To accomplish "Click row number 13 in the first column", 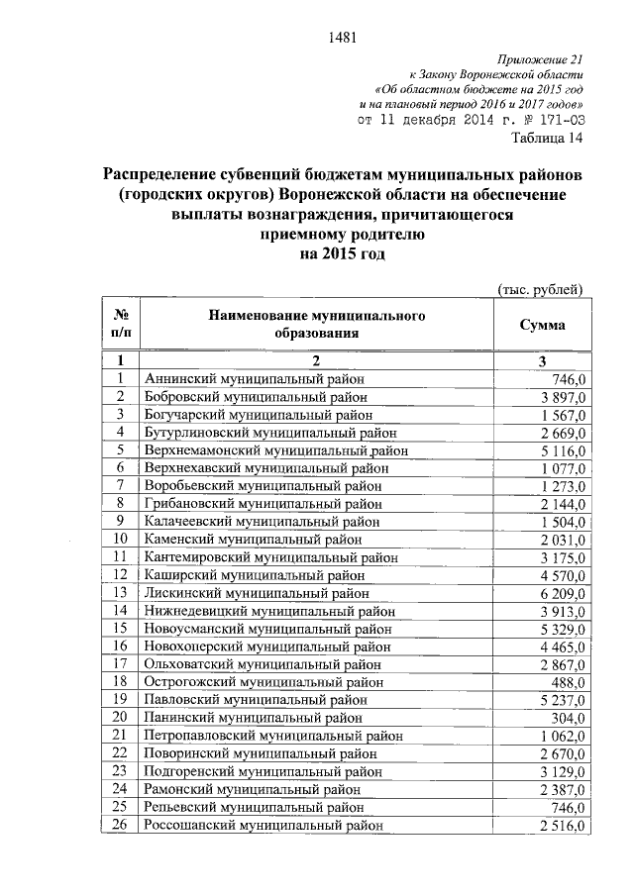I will coord(121,592).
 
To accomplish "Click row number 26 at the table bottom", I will coord(121,825).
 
